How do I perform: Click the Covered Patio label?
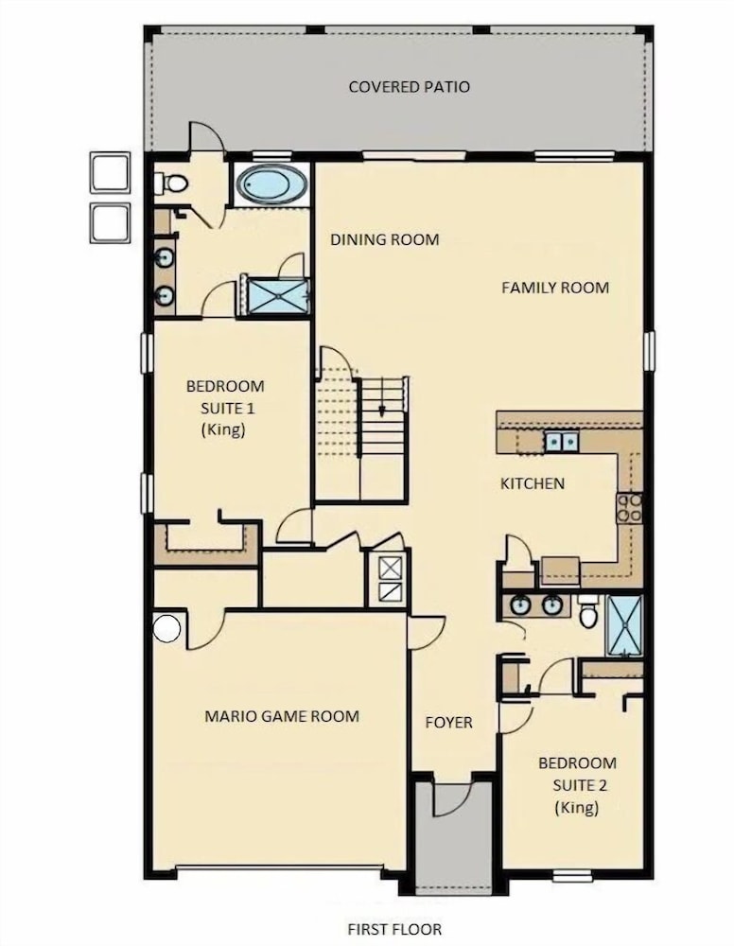[409, 87]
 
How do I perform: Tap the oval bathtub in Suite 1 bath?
[271, 184]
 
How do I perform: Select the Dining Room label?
[385, 239]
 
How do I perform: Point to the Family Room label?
[555, 288]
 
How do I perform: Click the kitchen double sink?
[562, 442]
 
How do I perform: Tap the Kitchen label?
[533, 483]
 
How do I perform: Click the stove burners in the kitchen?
[629, 508]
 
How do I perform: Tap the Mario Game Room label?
[282, 717]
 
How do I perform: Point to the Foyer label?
[448, 723]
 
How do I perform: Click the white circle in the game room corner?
[166, 628]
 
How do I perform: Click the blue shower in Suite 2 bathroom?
[624, 625]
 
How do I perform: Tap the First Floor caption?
[394, 929]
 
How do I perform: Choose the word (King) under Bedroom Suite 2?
[577, 807]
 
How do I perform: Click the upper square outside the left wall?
[111, 172]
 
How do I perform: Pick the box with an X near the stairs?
[390, 568]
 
